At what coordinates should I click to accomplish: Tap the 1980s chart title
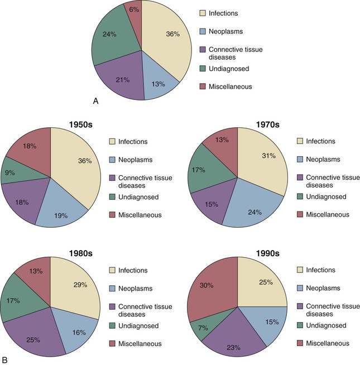(81, 253)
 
